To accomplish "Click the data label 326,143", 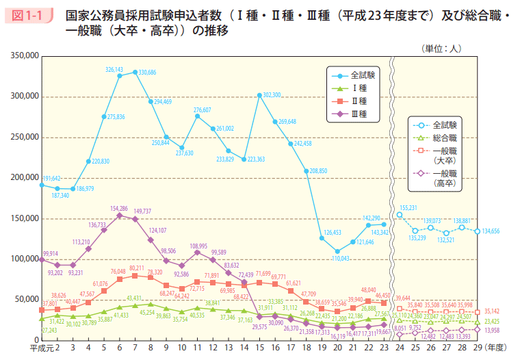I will pos(114,70).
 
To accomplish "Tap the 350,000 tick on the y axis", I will pos(24,55).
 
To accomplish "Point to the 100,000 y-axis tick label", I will pos(24,259).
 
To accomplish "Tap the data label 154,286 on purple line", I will pos(119,208).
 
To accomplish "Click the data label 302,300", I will pos(272,94).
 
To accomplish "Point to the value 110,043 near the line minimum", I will pos(340,259).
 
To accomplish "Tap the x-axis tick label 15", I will pos(259,348).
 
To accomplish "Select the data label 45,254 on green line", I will pos(146,313).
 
